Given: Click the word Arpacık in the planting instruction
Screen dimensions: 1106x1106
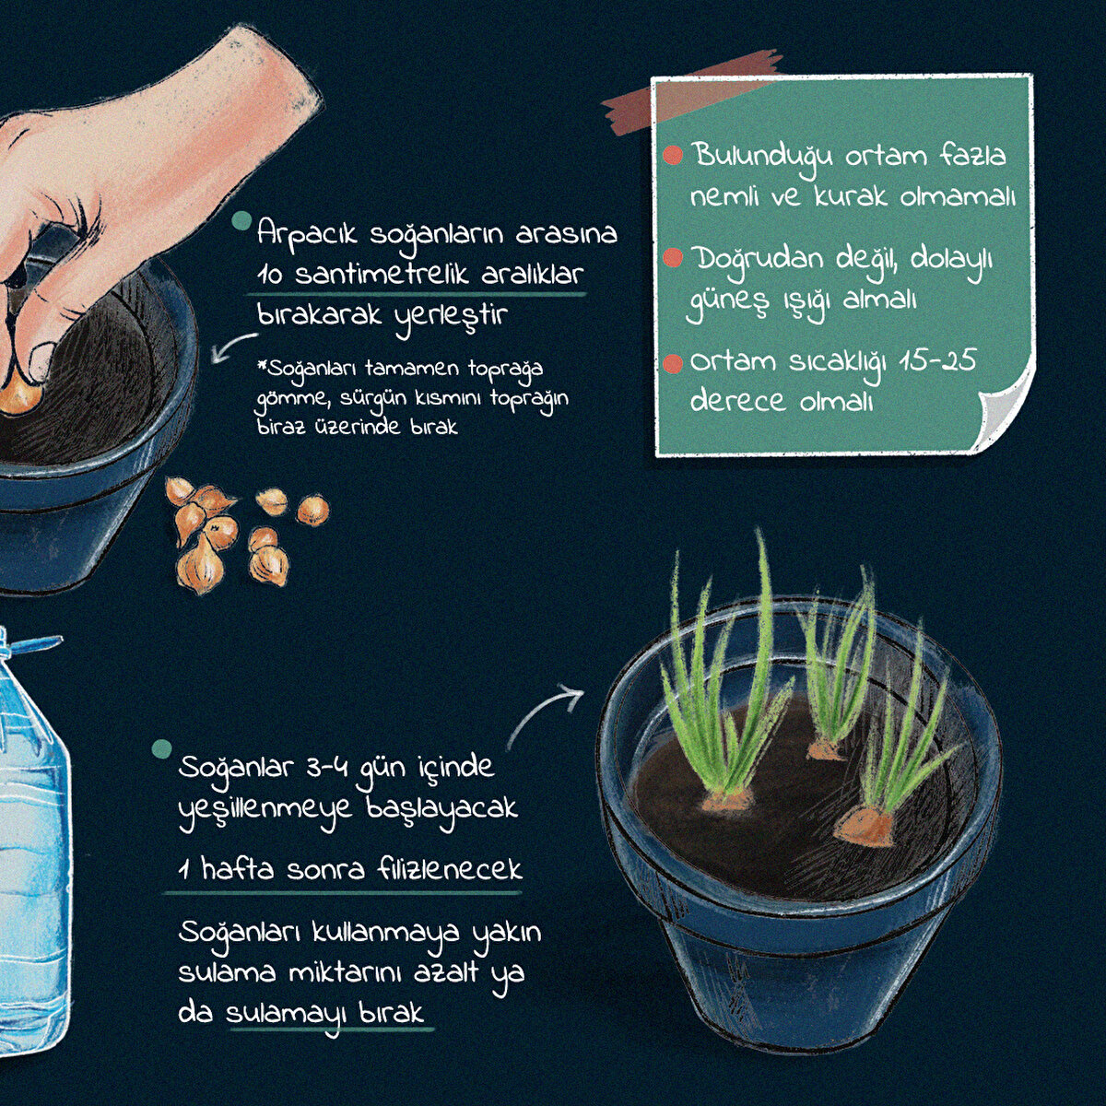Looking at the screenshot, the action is (307, 234).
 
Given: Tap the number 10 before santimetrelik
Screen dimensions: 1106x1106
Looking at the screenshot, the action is (270, 276).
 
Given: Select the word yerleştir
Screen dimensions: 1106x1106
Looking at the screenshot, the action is (453, 316).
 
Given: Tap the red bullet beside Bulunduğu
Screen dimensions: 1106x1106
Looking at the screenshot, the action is (672, 155).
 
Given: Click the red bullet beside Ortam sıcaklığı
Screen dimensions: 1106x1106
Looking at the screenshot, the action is (672, 363).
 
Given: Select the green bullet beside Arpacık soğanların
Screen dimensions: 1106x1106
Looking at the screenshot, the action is (242, 220).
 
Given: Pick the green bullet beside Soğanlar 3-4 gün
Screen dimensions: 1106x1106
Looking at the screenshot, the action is (162, 747).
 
